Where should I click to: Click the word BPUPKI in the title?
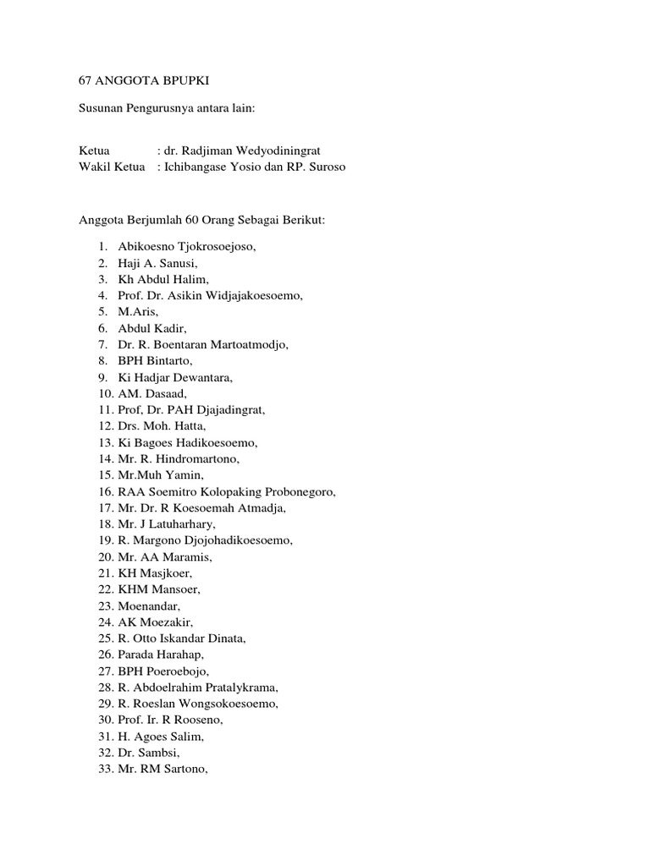point(180,80)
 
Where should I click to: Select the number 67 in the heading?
point(85,80)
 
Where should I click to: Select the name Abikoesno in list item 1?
point(145,247)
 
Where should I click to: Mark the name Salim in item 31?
point(186,736)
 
